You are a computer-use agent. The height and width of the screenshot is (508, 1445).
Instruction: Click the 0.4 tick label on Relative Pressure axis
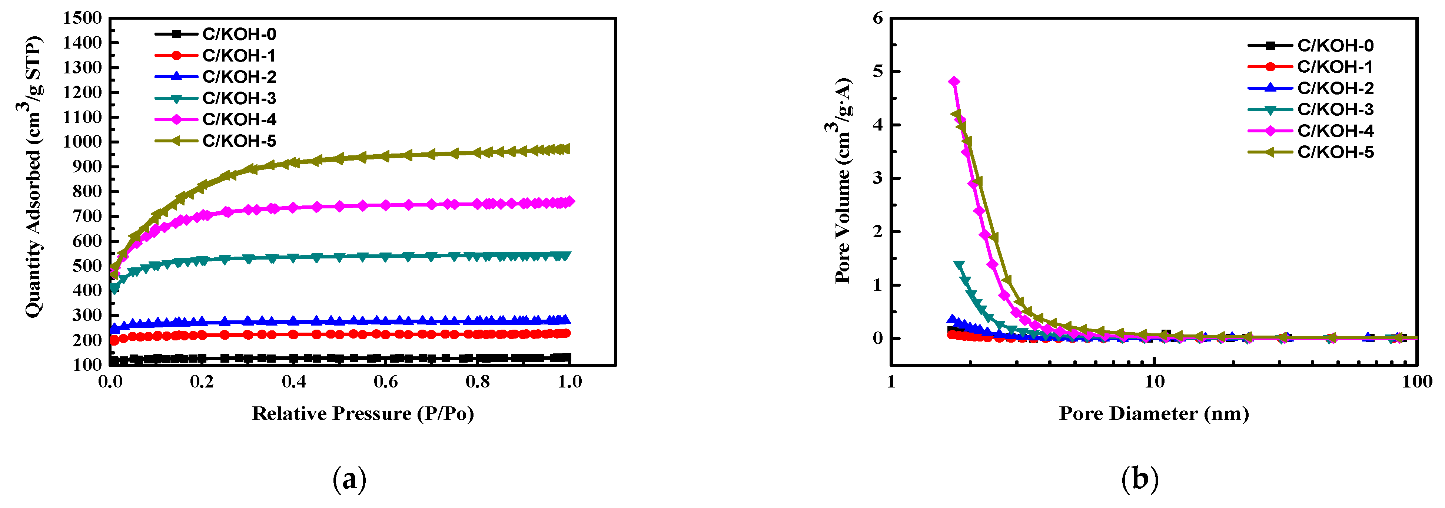[x=293, y=382]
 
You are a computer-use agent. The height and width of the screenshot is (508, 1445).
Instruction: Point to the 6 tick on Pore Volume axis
[x=877, y=18]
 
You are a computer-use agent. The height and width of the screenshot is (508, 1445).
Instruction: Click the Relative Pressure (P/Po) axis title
[x=363, y=414]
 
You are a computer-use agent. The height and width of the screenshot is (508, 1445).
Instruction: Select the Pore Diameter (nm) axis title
[x=1154, y=414]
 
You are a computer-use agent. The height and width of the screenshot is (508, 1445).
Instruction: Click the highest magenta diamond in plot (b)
[x=954, y=82]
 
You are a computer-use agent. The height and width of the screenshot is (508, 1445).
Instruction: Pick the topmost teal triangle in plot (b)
[x=959, y=265]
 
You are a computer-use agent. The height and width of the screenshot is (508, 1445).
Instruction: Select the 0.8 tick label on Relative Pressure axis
[x=477, y=382]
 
